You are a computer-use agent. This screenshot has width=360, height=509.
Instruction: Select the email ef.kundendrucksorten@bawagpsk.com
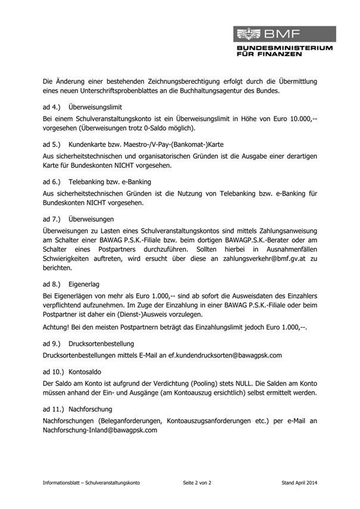tap(225, 355)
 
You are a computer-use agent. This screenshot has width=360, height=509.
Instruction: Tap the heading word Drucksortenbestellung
tap(101, 344)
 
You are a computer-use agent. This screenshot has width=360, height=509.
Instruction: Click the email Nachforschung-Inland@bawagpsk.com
tap(100, 430)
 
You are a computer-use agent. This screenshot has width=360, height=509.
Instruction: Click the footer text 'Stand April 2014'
tap(299, 483)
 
